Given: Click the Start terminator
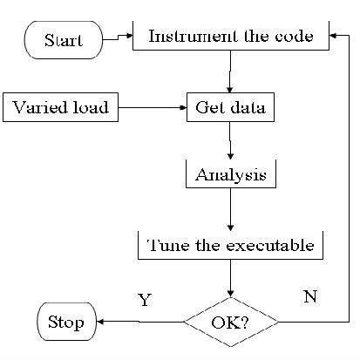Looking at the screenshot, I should point(64,41).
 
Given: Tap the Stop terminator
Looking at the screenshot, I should point(65,323).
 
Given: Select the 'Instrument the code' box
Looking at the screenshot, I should point(231,37).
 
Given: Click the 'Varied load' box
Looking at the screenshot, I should point(61,108).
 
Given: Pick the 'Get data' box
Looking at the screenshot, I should point(229,109).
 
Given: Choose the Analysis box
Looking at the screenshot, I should point(230,174).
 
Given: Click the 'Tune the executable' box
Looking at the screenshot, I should point(231,245).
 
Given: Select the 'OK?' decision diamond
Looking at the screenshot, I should point(231,323).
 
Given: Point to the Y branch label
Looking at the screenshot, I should point(146,300).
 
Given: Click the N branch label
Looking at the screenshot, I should point(309,296).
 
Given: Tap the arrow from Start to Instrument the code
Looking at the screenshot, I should point(116,37).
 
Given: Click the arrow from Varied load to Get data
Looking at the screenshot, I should point(153,109).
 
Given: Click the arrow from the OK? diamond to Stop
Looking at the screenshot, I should point(139,323).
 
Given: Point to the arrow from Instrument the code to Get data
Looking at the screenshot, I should point(229,71).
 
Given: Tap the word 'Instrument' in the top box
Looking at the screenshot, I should point(184,37).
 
